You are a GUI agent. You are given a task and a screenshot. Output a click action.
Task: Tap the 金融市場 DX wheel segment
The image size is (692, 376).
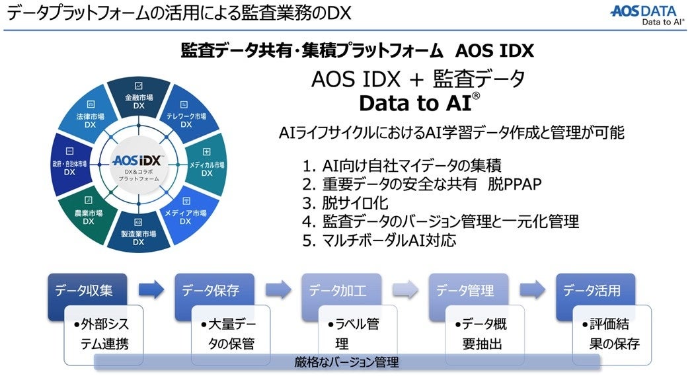pos(139,98)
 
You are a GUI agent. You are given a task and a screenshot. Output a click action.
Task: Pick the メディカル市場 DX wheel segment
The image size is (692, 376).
pos(206,165)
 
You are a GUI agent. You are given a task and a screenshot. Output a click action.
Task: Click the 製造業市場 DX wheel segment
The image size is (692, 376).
pos(138,235)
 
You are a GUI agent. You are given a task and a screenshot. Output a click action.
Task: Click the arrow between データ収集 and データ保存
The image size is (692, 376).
pos(151,289)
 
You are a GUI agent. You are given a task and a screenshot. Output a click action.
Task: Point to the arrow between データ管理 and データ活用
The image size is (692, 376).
pos(533,289)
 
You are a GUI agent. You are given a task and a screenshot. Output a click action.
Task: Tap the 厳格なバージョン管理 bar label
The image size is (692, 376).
pos(347,362)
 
